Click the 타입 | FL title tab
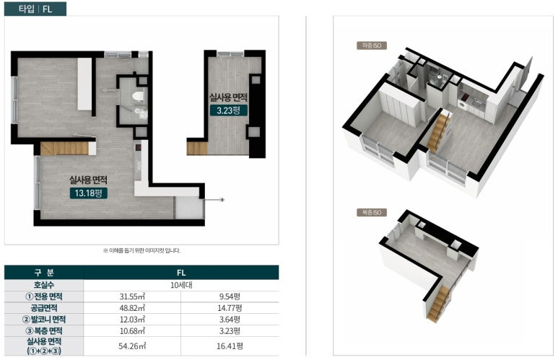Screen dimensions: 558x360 tap(35, 9)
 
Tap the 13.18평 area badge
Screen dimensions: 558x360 tap(88, 193)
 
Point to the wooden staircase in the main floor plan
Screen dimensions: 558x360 tap(64, 149)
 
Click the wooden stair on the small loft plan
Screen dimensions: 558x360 tap(197, 148)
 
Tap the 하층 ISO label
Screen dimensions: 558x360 tap(372, 45)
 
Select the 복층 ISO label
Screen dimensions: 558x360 tap(372, 212)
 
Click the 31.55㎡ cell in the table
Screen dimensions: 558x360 tap(132, 297)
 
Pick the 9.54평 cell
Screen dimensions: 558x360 tap(230, 297)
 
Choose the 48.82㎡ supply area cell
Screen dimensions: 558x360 tap(132, 308)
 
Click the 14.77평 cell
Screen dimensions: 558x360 tap(230, 308)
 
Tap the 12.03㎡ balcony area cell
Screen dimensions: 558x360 tap(132, 319)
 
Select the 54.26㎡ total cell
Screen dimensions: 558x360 tap(132, 346)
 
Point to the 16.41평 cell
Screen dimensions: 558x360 tap(230, 346)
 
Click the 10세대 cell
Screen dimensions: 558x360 tap(181, 285)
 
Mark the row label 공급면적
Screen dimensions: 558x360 tap(44, 308)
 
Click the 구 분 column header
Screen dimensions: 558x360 tap(44, 273)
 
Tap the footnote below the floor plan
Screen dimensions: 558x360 tap(141, 250)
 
